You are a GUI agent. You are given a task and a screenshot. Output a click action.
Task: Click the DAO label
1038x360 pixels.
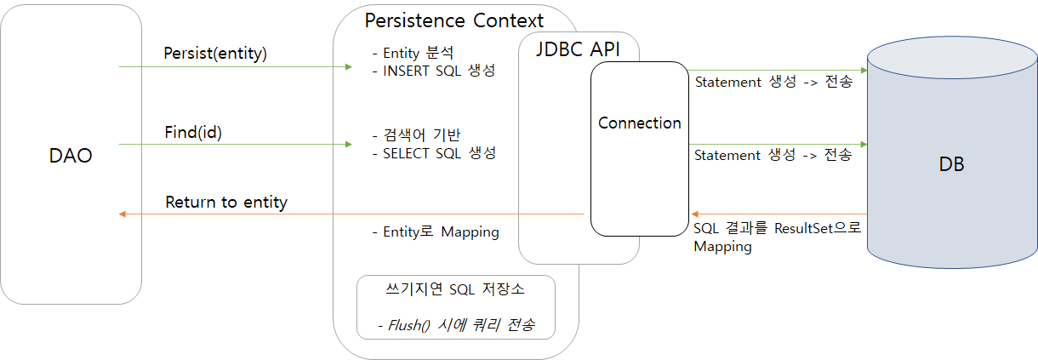(71, 156)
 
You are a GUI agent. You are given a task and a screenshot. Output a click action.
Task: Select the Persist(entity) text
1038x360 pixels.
(215, 54)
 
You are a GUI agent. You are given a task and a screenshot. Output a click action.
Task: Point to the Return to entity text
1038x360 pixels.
(226, 203)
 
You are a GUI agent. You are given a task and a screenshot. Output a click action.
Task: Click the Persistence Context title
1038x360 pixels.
(453, 20)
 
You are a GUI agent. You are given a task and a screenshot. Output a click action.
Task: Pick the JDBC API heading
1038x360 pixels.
(578, 49)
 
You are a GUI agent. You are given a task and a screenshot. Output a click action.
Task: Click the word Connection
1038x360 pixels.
(640, 123)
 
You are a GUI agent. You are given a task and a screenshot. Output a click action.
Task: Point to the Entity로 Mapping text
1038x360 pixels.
(436, 231)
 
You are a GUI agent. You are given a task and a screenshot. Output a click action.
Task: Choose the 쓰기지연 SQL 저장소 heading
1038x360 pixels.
(455, 289)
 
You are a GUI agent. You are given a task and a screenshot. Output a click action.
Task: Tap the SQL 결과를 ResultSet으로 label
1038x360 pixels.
(778, 229)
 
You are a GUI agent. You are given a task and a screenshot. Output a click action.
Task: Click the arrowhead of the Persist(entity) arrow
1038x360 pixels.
(348, 66)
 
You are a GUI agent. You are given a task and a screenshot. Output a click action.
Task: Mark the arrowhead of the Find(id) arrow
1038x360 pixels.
(348, 145)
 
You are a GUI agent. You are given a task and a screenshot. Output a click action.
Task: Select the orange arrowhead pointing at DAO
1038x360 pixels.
(123, 214)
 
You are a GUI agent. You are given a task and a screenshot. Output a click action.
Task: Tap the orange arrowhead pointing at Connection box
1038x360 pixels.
(693, 214)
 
